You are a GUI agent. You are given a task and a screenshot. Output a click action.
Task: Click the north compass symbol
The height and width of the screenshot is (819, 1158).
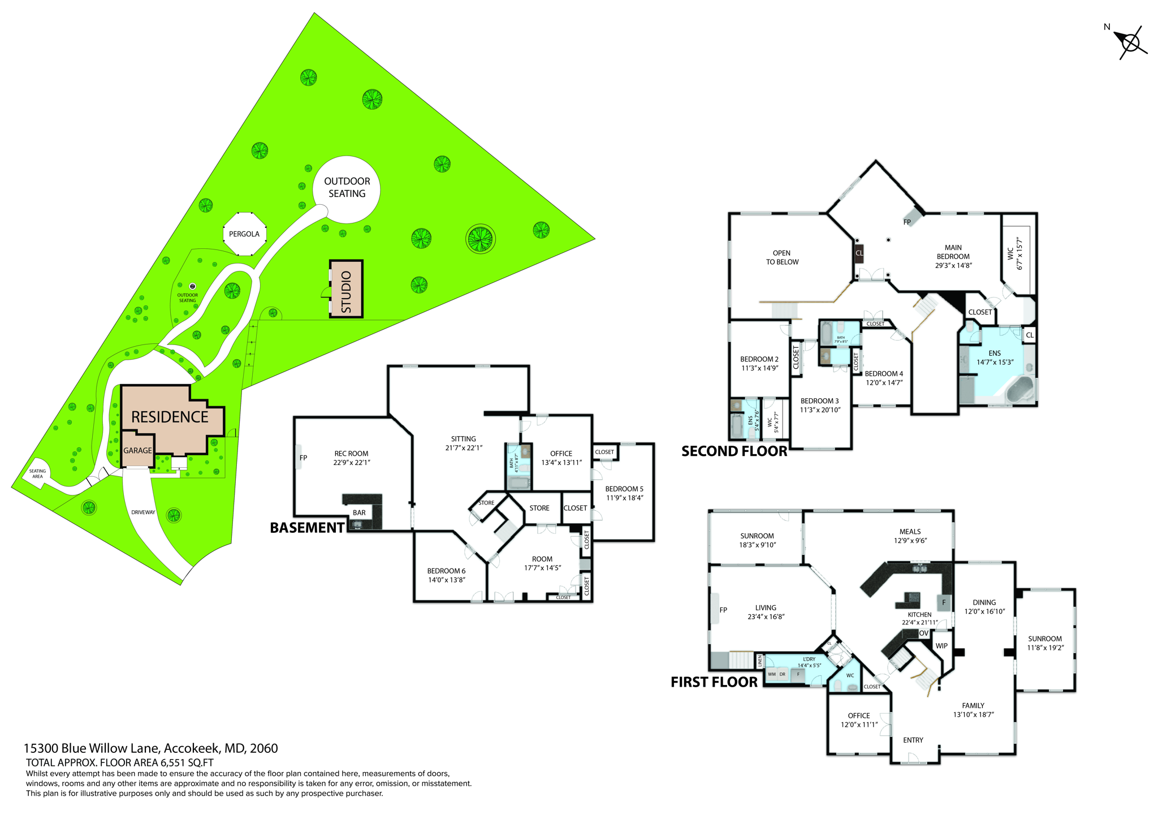[x=1130, y=42]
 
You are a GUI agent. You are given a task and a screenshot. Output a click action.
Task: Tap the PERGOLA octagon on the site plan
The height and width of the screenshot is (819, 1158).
[x=244, y=234]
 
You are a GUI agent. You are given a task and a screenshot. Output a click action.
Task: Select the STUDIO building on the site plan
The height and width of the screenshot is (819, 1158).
[x=346, y=289]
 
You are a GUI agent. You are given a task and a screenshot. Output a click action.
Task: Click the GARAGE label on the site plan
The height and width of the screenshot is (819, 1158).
[x=137, y=451]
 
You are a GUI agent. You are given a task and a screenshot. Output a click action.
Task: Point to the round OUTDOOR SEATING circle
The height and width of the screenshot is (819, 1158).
[x=347, y=188]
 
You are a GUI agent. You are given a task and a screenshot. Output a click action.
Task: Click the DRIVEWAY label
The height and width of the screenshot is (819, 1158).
[x=143, y=512]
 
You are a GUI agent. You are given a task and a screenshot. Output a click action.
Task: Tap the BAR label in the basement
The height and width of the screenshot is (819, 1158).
[x=359, y=513]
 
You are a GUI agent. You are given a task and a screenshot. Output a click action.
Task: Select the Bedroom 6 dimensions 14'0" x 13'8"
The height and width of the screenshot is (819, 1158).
[x=446, y=580]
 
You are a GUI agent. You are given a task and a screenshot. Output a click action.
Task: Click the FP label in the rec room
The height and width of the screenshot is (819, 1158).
[x=303, y=458]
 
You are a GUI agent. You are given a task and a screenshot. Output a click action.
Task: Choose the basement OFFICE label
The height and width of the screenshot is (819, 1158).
[x=561, y=454]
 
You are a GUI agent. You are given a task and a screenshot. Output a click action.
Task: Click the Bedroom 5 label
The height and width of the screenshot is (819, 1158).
[x=624, y=489]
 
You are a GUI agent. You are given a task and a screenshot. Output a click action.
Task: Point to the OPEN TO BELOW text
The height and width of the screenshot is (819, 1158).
[x=782, y=258]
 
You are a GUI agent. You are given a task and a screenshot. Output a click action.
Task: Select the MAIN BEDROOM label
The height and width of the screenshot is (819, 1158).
[x=953, y=252]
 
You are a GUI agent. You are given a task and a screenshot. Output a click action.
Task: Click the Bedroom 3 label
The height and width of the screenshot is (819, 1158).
[x=819, y=401]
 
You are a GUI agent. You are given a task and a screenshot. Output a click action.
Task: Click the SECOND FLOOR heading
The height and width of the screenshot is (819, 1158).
[x=734, y=451]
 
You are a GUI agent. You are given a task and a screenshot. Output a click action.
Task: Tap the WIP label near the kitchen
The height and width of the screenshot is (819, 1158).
[x=941, y=646]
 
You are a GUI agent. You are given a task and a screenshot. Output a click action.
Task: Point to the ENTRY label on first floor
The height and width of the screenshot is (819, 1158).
[x=913, y=740]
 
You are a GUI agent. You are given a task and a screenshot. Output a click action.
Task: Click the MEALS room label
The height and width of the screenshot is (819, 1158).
[x=910, y=532]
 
